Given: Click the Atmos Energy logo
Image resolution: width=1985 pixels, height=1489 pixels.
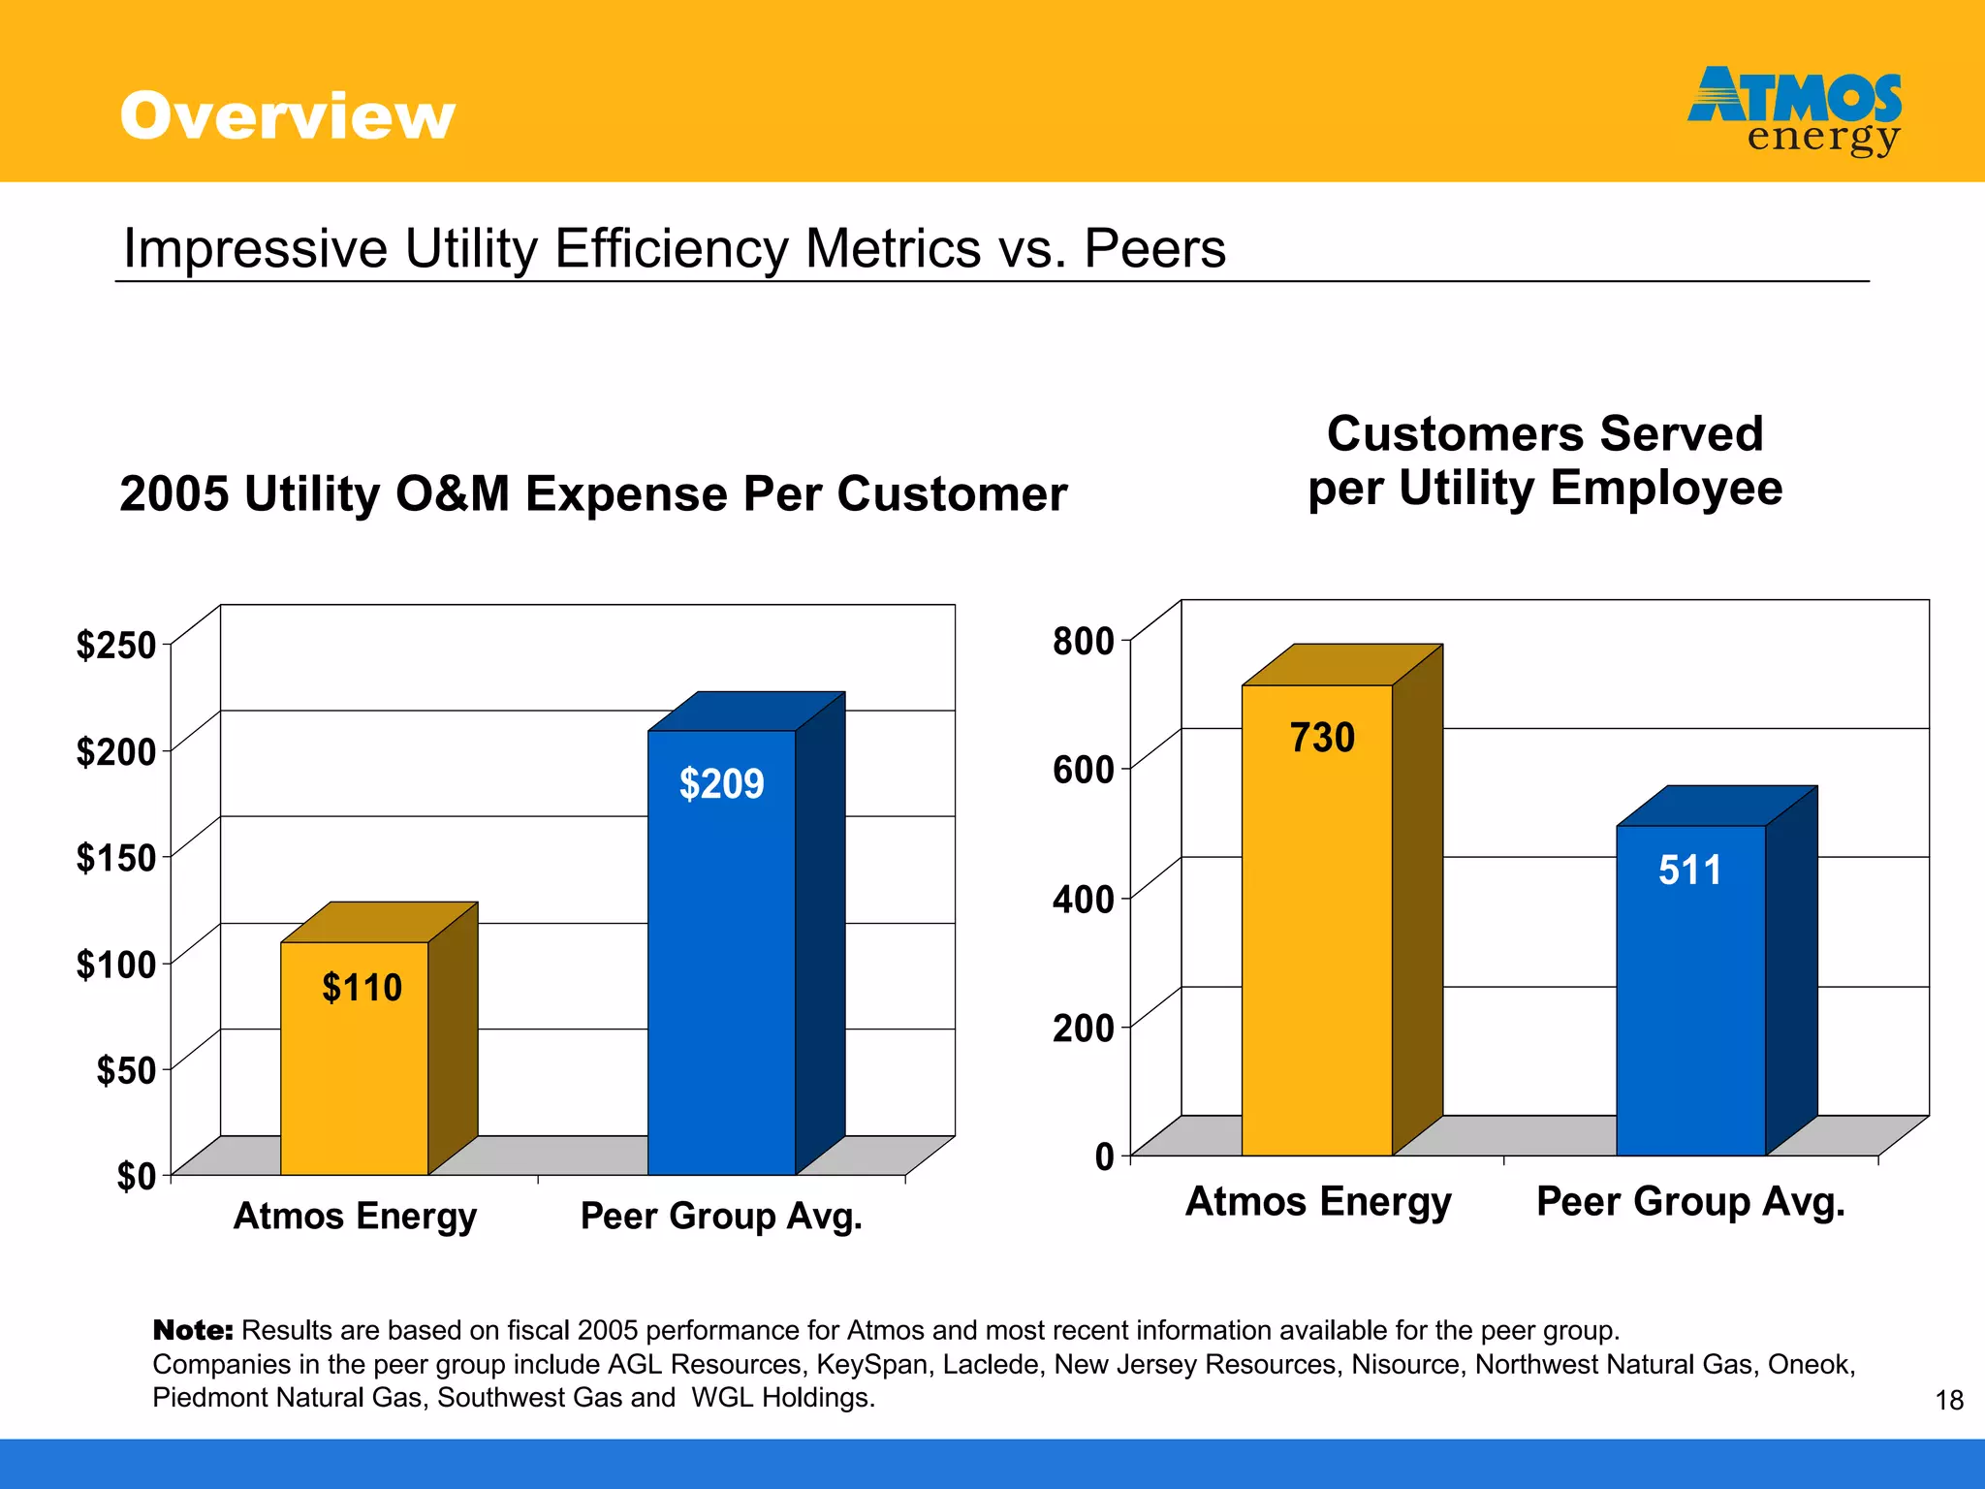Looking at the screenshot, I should click(x=1794, y=110).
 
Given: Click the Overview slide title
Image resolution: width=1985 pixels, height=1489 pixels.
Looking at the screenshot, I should click(x=287, y=115).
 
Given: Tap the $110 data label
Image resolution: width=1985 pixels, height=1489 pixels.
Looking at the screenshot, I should click(x=362, y=988).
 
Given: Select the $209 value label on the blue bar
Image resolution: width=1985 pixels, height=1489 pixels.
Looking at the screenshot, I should click(x=721, y=783).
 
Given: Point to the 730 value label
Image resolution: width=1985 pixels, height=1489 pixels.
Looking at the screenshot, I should click(x=1321, y=738).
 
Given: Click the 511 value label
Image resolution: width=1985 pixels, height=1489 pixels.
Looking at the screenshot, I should click(x=1689, y=870).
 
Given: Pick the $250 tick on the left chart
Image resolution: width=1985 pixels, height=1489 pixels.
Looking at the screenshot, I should click(x=116, y=645).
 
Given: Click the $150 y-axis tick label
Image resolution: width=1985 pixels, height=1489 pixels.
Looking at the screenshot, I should click(x=116, y=858).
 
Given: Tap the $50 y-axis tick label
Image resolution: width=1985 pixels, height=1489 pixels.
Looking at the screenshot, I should click(x=126, y=1070).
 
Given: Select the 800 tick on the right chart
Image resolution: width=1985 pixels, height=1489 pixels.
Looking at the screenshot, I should click(x=1084, y=641).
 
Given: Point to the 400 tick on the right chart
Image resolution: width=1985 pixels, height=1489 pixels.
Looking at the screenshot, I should click(x=1084, y=899).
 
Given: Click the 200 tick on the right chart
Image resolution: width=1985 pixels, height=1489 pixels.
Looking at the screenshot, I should click(x=1084, y=1028).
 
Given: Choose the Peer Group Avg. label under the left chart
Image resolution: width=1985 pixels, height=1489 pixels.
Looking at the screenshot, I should click(x=721, y=1216).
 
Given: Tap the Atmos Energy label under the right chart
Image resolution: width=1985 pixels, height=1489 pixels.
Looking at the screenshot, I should click(x=1318, y=1201).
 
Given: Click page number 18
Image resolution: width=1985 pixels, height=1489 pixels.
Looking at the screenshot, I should click(x=1949, y=1400).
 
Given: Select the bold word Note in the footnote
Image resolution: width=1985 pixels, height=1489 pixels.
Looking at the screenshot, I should click(x=193, y=1330).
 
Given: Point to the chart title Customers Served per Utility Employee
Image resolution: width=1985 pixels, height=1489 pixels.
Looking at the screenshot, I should click(x=1545, y=460).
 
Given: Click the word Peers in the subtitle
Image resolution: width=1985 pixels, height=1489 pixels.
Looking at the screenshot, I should click(x=1154, y=248).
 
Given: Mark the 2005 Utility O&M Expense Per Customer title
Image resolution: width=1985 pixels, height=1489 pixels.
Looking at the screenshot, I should click(x=593, y=493).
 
